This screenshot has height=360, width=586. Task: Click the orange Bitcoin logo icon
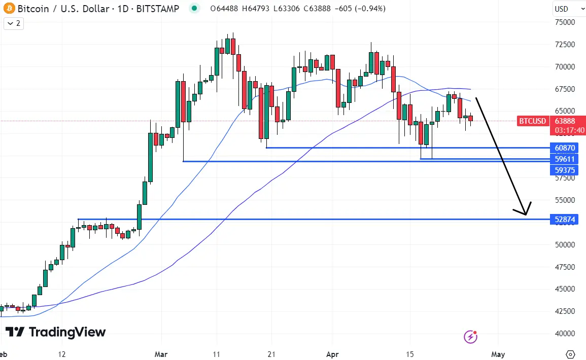tap(8, 9)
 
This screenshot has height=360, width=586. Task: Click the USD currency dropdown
tap(568, 9)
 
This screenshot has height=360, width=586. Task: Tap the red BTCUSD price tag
tap(532, 121)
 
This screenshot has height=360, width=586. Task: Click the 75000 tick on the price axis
tap(564, 22)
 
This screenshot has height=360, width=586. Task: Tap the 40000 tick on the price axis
tap(564, 334)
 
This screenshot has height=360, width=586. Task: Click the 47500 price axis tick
tap(564, 267)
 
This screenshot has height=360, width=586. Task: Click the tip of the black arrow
tap(526, 215)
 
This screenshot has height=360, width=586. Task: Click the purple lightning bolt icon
tap(471, 336)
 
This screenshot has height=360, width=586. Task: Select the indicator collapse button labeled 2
tap(14, 23)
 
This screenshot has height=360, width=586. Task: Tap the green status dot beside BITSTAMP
tap(193, 9)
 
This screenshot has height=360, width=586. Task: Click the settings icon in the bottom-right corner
tap(570, 354)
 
